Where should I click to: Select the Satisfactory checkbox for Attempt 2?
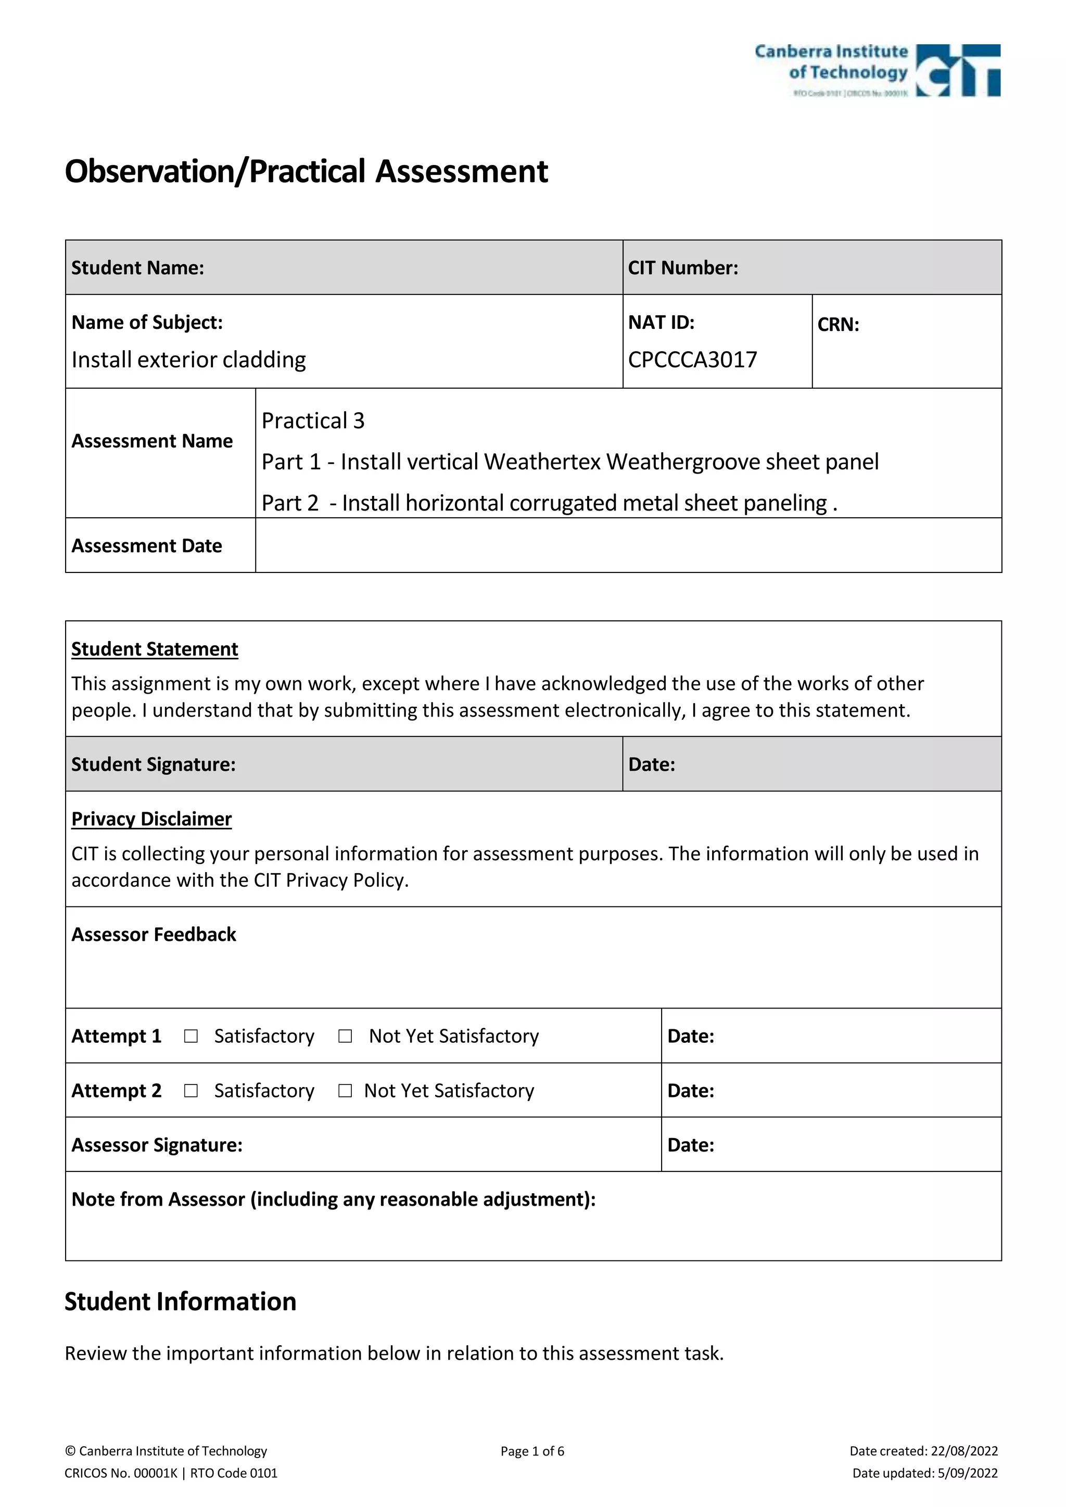point(191,1090)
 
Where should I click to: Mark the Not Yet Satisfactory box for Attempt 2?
point(345,1090)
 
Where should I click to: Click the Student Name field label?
point(137,268)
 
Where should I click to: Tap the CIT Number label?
point(683,268)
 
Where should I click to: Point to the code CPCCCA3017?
point(692,360)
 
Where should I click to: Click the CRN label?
point(838,324)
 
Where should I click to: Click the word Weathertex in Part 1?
point(542,462)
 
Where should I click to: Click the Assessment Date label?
point(146,546)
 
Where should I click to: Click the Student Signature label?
point(153,764)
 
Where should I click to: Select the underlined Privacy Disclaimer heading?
point(151,819)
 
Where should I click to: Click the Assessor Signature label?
point(157,1145)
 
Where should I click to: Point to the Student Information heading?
point(181,1301)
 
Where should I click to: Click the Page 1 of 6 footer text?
point(532,1451)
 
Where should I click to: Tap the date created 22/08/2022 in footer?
point(963,1451)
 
